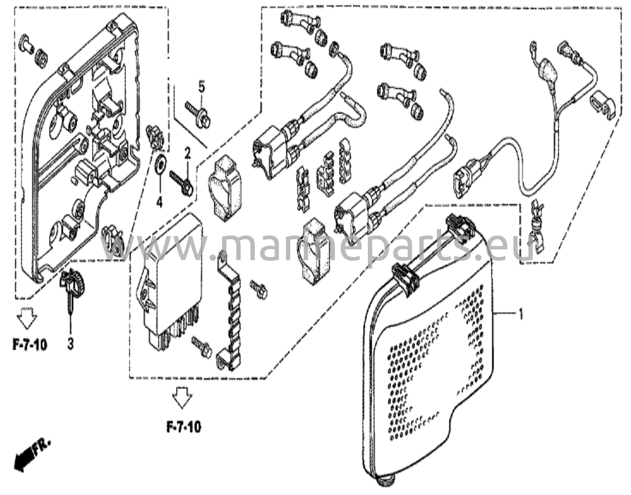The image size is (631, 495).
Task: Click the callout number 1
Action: (520, 315)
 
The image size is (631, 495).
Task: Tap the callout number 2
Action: (188, 153)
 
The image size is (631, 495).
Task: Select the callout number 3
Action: (71, 344)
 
